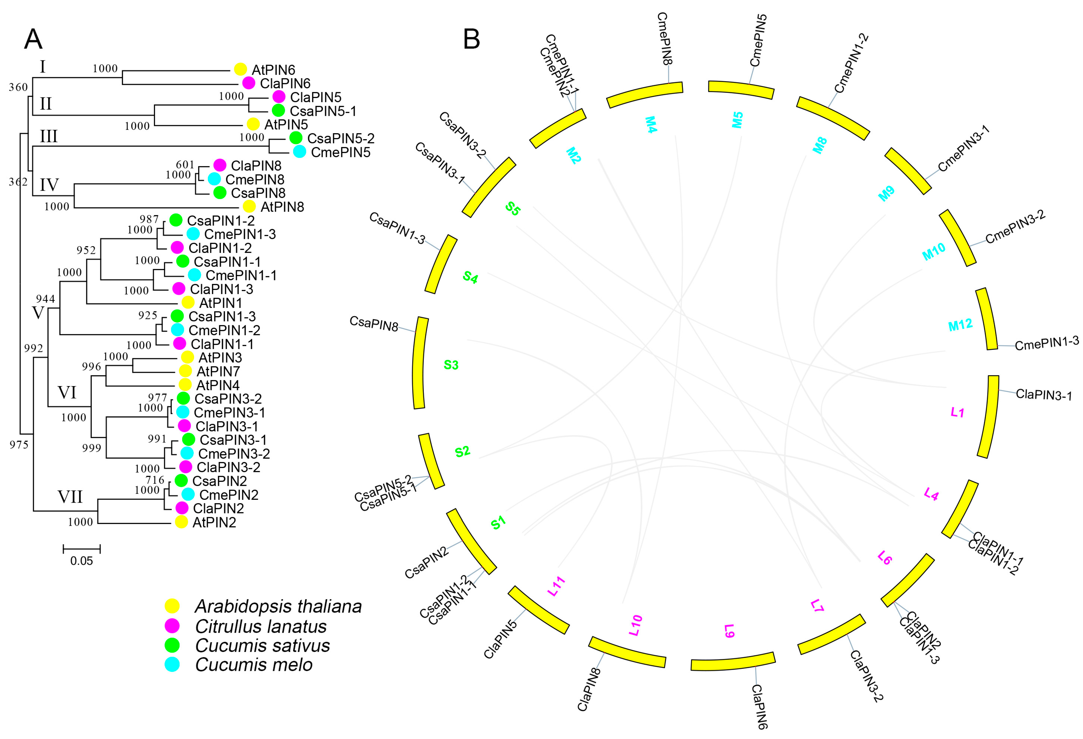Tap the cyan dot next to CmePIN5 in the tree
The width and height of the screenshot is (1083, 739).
[300, 152]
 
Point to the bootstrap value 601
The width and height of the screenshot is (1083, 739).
[185, 165]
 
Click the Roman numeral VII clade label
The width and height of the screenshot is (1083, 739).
[70, 497]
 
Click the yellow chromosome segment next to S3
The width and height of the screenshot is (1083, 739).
[420, 363]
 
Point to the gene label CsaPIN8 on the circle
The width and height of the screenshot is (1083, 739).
[374, 323]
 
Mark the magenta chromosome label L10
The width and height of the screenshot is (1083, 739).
[636, 625]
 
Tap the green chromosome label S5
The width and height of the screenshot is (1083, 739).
[513, 209]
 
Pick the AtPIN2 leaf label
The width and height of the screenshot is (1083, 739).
[214, 522]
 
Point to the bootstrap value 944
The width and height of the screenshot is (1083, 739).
[46, 299]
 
